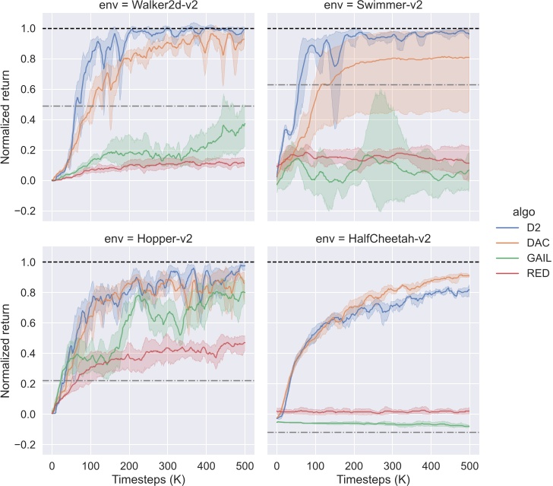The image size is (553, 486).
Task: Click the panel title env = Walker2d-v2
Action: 147,7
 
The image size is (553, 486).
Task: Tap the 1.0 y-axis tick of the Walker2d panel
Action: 29,29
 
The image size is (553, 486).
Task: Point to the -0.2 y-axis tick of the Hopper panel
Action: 27,445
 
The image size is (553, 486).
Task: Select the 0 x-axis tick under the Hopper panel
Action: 52,465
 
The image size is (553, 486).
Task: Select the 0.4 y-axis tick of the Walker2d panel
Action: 29,120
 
